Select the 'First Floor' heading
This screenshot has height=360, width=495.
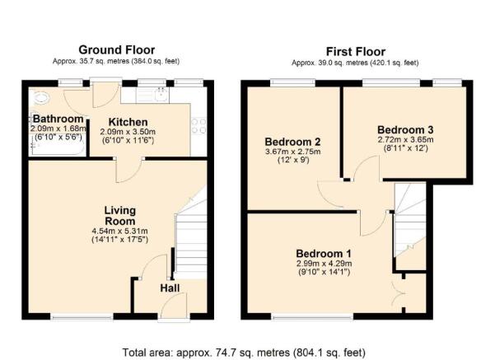tap(354, 51)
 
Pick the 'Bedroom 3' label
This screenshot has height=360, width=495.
tap(404, 129)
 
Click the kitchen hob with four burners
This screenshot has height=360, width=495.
tap(198, 124)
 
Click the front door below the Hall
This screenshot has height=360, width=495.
tap(174, 310)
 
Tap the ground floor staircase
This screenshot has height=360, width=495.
tap(188, 239)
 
